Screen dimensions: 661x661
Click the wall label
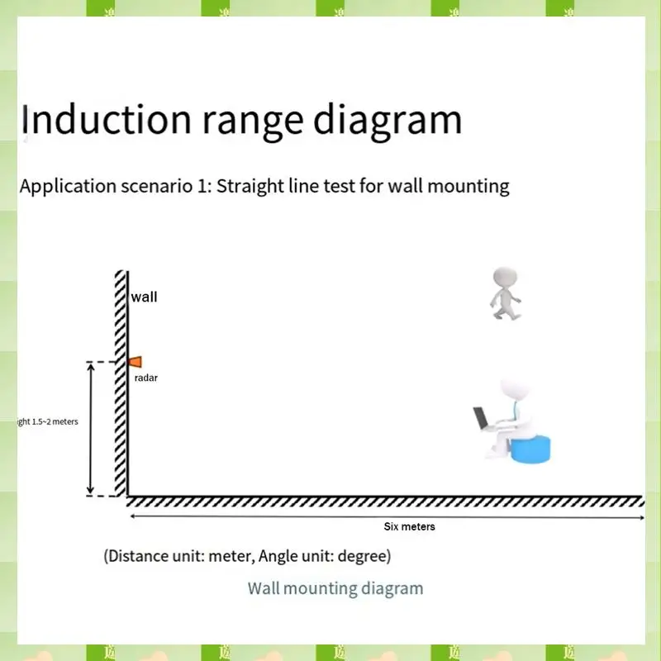coord(144,297)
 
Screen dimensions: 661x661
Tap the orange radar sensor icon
coord(135,361)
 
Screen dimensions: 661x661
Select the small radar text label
coord(145,378)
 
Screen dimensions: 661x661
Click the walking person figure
coord(504,293)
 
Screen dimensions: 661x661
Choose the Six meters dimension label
coord(409,526)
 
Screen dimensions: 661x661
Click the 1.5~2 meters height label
coord(48,422)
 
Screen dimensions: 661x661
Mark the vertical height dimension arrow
coord(91,429)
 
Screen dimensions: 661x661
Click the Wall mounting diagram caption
coord(335,588)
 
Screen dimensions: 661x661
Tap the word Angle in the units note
coord(280,555)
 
